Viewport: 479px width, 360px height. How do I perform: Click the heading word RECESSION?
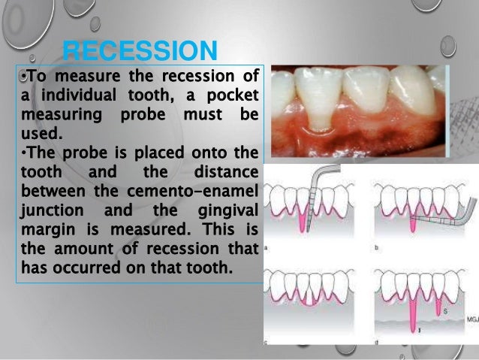[140, 52]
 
